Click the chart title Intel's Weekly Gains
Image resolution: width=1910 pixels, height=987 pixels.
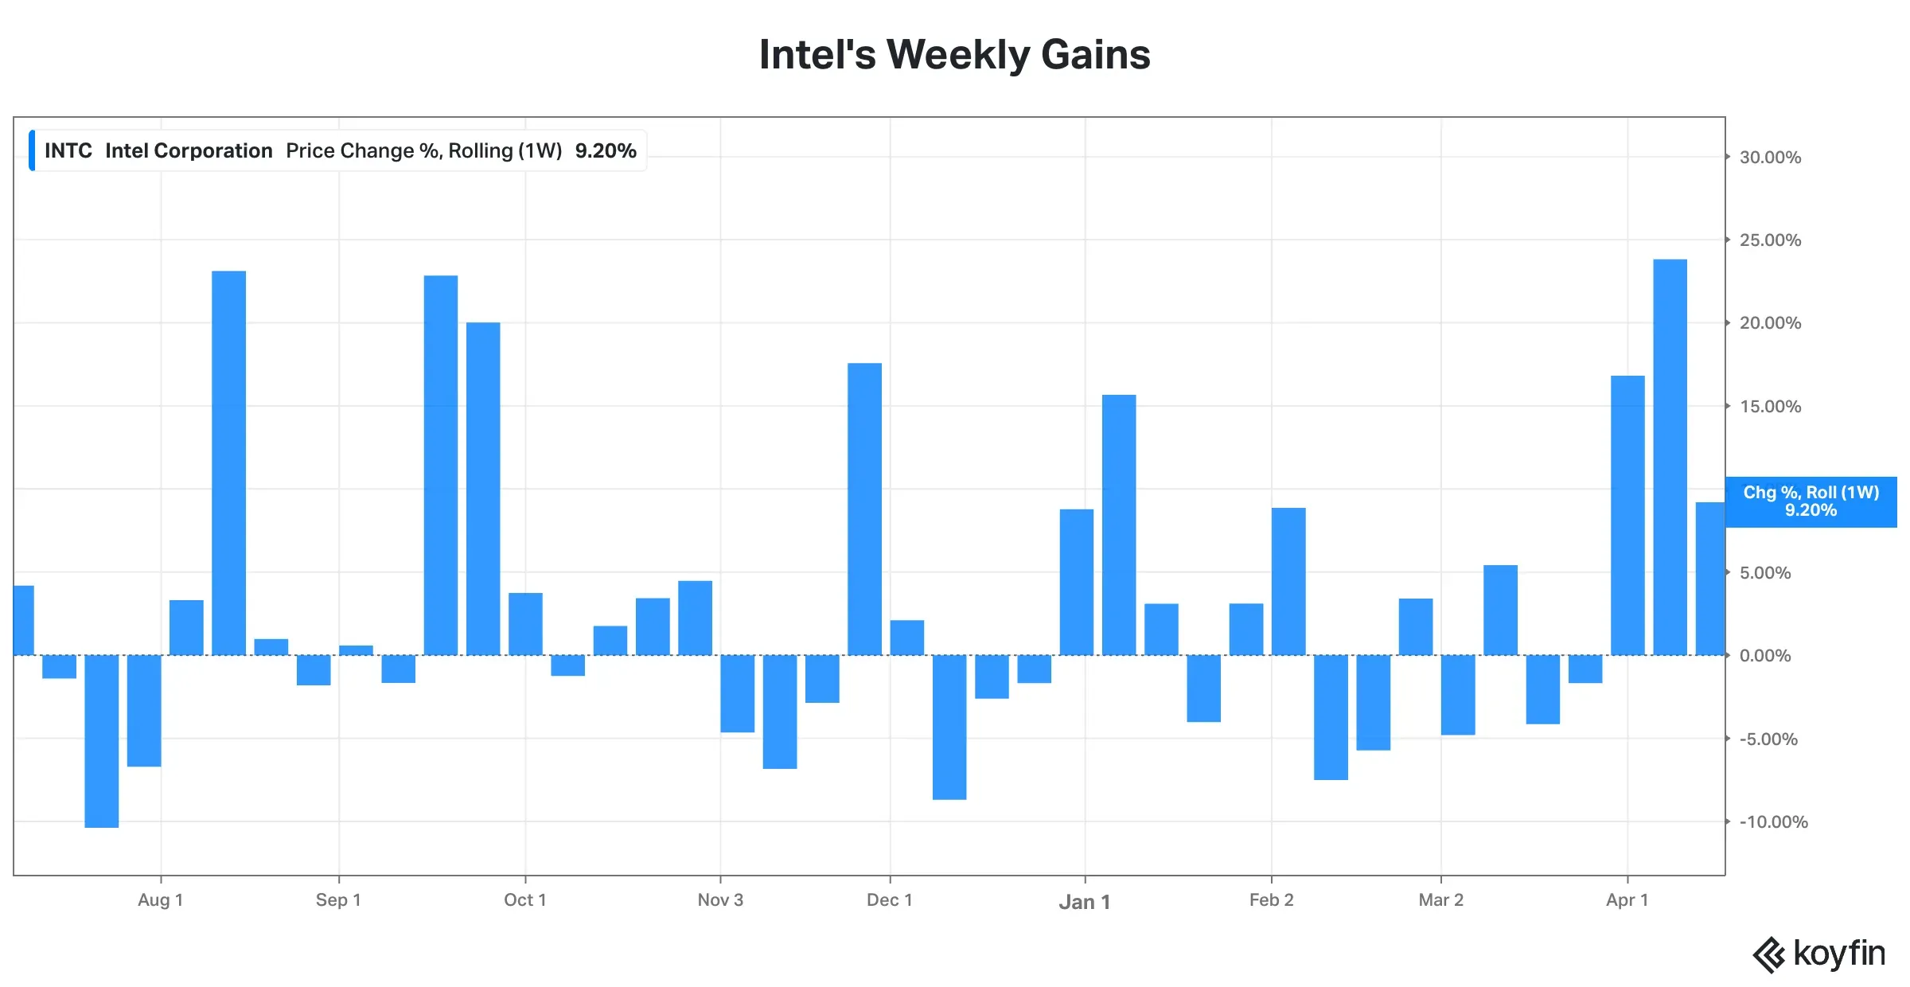954,55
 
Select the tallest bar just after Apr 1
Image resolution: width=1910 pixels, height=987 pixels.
1670,457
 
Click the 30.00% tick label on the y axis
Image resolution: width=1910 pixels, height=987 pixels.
1770,158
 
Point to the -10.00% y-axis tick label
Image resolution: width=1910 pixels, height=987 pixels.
1773,822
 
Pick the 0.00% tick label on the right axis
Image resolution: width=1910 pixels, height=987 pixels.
1765,656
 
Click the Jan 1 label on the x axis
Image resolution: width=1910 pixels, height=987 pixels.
1084,902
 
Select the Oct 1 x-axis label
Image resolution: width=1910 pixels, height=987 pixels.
524,900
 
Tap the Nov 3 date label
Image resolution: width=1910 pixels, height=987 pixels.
720,900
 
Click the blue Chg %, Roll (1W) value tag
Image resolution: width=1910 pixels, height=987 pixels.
1811,501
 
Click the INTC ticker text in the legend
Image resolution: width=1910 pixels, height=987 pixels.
68,151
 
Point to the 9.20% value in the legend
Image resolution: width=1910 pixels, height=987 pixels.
606,151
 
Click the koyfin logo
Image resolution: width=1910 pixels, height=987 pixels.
1818,954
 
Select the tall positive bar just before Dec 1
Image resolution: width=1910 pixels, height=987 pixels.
864,509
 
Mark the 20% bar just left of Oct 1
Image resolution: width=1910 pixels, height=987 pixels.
483,489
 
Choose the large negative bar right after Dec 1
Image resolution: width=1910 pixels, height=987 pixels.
949,727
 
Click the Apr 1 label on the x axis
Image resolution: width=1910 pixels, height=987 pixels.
1627,900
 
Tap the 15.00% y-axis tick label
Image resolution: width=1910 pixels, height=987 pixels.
1770,407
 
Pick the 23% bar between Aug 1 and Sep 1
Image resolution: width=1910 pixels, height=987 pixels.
229,463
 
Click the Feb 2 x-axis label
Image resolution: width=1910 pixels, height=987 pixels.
1271,900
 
